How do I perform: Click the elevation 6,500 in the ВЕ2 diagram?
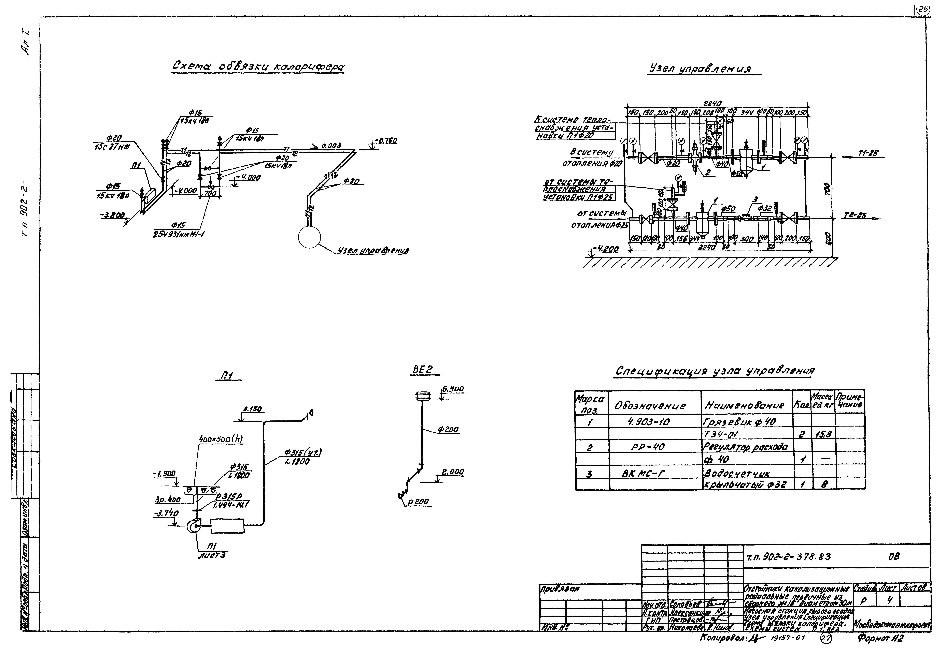[x=453, y=389]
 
